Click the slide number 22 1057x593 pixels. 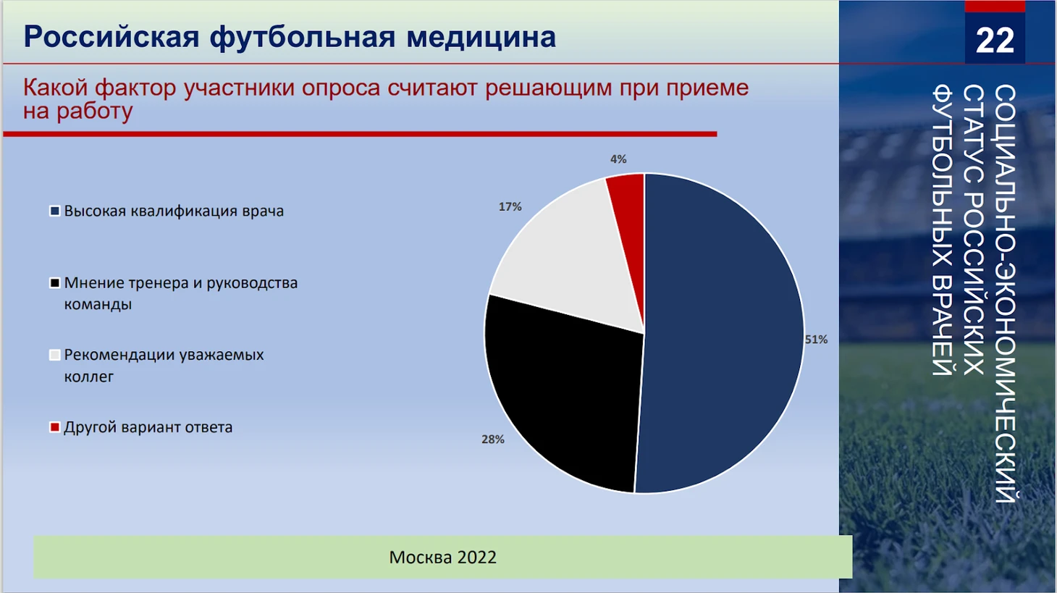pos(995,41)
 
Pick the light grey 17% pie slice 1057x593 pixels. pos(566,264)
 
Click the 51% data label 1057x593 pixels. pos(817,339)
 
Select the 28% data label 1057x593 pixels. pos(493,440)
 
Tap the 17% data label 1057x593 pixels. pos(510,206)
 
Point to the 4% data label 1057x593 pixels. pos(618,159)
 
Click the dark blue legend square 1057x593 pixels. pos(55,211)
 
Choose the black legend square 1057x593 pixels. pos(55,283)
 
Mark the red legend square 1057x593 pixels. pos(55,427)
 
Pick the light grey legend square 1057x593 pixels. pos(55,355)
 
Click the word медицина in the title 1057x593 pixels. pos(481,37)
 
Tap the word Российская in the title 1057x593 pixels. pos(111,38)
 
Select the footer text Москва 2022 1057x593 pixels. pos(442,557)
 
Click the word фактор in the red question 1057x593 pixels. pos(135,88)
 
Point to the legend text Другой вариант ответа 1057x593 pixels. pos(148,427)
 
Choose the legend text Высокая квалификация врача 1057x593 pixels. pos(174,211)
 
